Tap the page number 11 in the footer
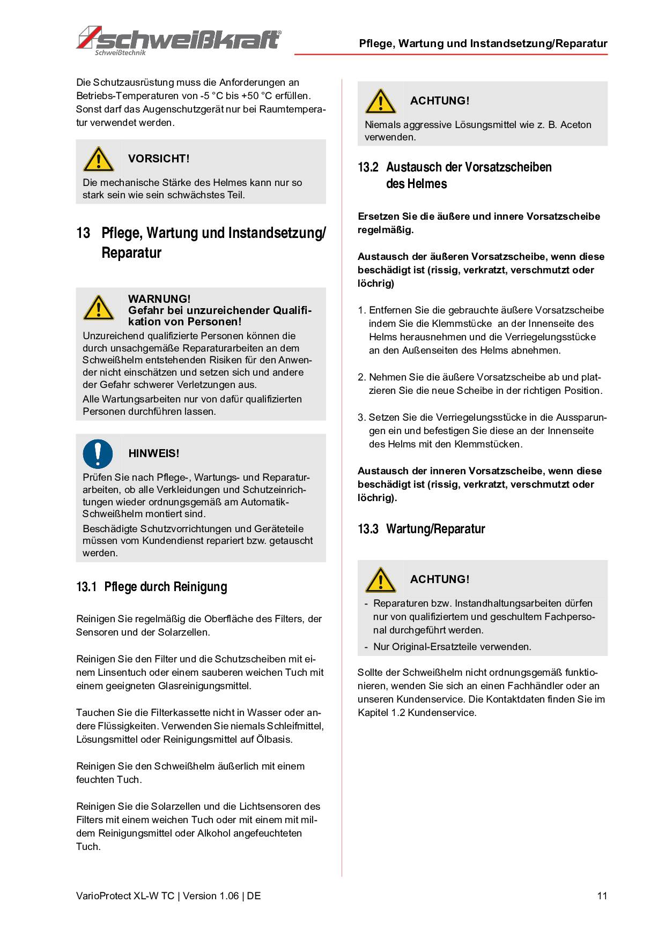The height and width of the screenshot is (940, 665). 602,896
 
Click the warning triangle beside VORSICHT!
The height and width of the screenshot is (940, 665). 98,159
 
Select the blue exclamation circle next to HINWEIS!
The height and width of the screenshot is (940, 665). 98,453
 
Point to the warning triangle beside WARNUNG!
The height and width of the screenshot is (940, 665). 98,308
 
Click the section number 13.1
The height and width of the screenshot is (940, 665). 86,587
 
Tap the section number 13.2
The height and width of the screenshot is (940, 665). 368,167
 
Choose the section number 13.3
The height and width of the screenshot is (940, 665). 368,529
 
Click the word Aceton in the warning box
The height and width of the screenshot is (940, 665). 575,125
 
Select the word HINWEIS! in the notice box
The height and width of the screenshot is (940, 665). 153,453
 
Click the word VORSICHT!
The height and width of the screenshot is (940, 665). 159,159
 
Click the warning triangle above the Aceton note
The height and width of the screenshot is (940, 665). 380,101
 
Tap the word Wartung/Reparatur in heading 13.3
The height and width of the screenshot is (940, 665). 435,529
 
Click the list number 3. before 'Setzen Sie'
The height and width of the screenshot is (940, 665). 361,417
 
